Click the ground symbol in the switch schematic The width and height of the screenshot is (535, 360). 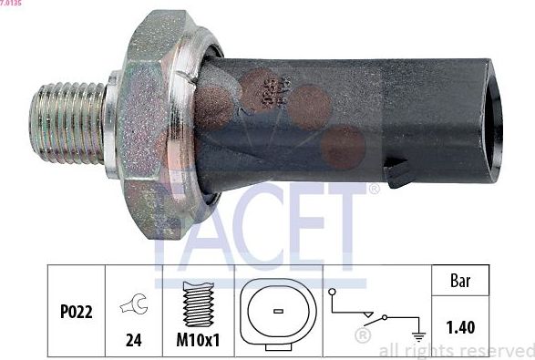pyautogui.click(x=418, y=337)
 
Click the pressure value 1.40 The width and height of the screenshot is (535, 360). pyautogui.click(x=462, y=326)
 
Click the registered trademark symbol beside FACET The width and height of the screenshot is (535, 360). pyautogui.click(x=374, y=190)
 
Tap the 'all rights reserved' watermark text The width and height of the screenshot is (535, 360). pyautogui.click(x=456, y=350)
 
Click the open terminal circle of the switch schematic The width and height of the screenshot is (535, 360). pyautogui.click(x=334, y=293)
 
